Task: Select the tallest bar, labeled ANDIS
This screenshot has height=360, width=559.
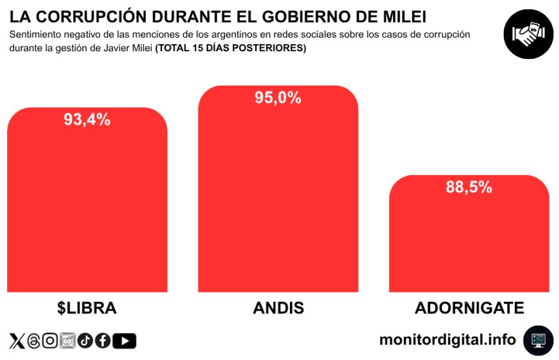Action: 278,195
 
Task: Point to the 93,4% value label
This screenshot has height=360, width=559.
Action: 87,119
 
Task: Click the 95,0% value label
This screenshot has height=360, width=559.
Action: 278,98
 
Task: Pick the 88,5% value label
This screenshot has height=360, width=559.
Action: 469,187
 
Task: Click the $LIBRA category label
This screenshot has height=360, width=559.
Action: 87,307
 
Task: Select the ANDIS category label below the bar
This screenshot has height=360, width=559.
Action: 278,307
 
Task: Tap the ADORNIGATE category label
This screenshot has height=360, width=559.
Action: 469,307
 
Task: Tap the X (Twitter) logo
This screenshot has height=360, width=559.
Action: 17,341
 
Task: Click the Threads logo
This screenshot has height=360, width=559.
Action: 34,341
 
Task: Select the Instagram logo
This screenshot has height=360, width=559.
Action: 50,341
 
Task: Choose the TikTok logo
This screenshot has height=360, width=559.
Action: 86,341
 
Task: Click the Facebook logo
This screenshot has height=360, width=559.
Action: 103,341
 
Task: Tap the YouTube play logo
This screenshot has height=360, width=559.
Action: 125,341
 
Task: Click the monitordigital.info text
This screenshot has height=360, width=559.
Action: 447,339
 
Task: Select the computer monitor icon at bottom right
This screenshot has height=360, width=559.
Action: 538,340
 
